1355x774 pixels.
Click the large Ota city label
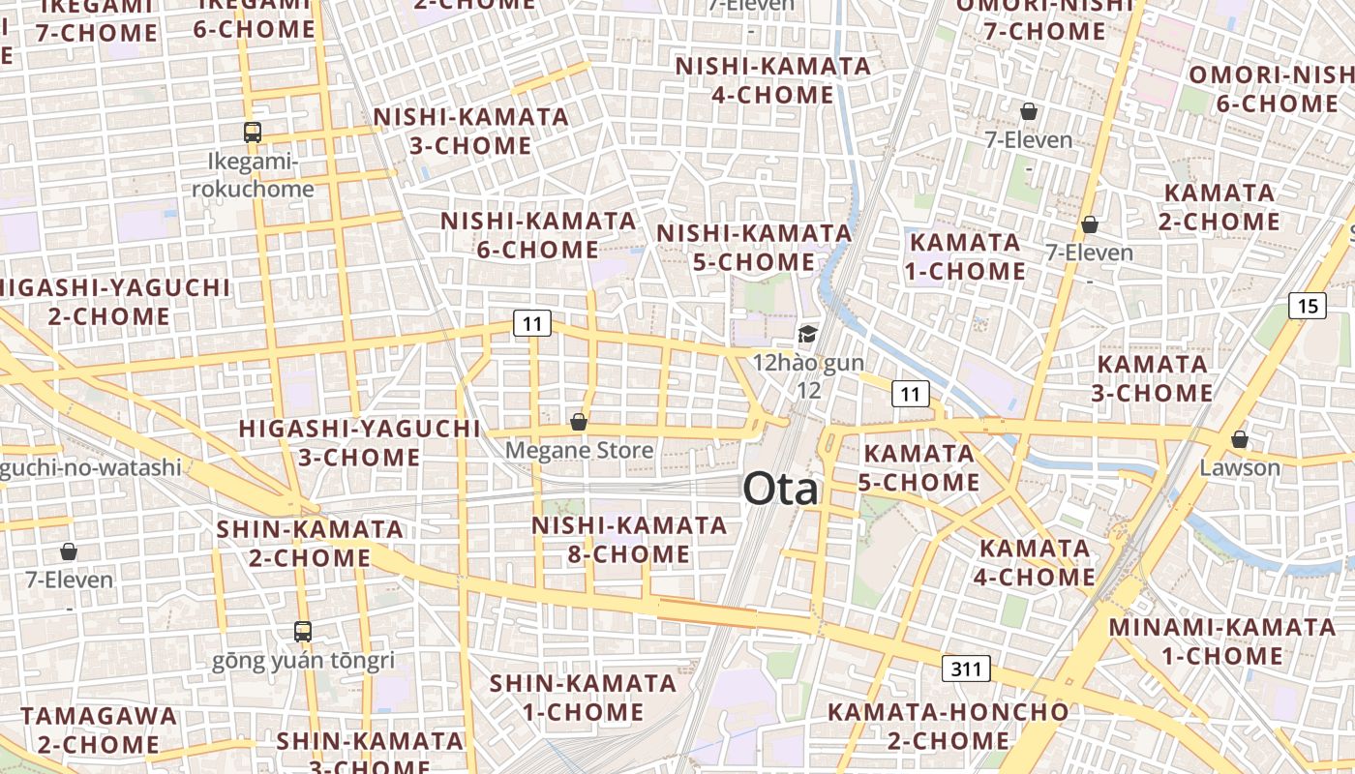click(x=780, y=490)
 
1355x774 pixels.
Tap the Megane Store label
click(x=579, y=450)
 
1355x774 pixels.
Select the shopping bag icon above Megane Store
click(x=579, y=422)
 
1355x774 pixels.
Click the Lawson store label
click(x=1239, y=468)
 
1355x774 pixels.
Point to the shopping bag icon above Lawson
click(x=1239, y=439)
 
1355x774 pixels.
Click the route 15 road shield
click(x=1308, y=307)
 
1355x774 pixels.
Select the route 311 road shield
click(x=965, y=668)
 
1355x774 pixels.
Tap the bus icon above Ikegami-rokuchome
click(x=253, y=133)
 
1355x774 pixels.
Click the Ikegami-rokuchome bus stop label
click(x=253, y=175)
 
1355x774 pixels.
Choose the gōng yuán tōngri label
click(x=304, y=662)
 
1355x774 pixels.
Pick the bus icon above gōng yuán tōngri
click(x=303, y=632)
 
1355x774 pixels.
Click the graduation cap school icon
click(x=806, y=335)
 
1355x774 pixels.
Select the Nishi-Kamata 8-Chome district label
click(x=629, y=540)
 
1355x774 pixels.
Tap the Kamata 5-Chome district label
click(x=919, y=467)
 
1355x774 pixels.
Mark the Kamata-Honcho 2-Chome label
click(x=948, y=727)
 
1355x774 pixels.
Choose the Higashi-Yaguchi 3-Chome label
click(x=359, y=442)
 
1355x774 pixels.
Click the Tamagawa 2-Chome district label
click(x=99, y=730)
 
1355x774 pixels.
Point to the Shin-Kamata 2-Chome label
click(x=310, y=543)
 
